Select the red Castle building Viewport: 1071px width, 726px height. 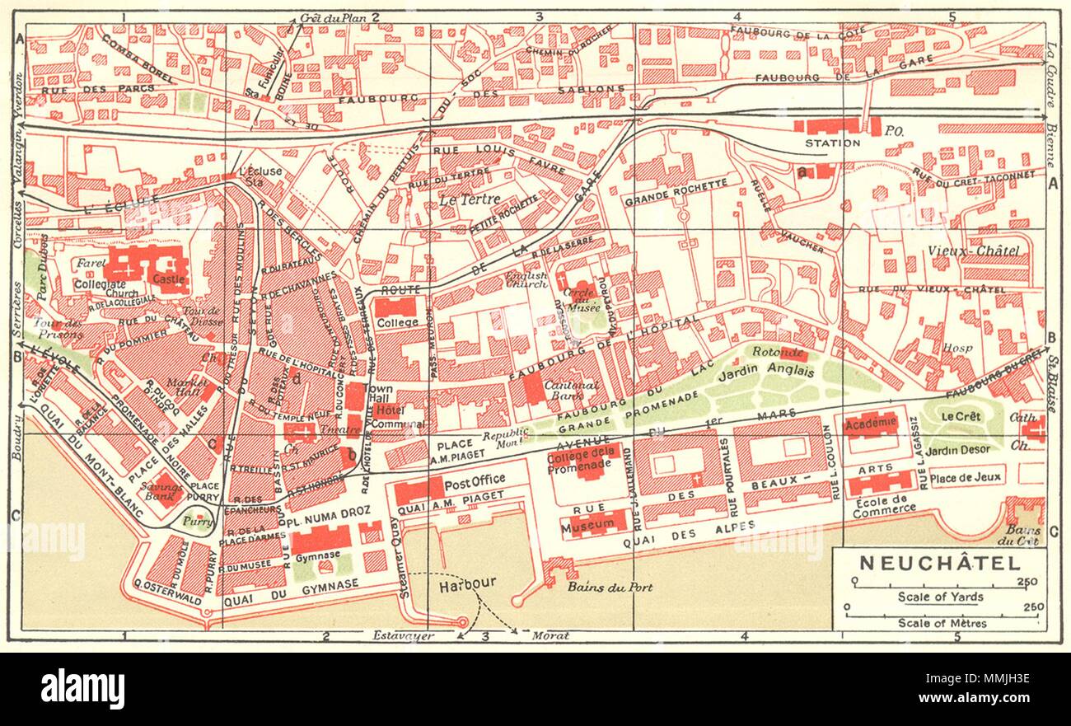click(x=171, y=269)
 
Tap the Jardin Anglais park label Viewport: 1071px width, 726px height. click(x=776, y=372)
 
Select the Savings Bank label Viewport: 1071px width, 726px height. click(x=169, y=492)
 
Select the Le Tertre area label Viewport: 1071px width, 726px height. click(x=463, y=199)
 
